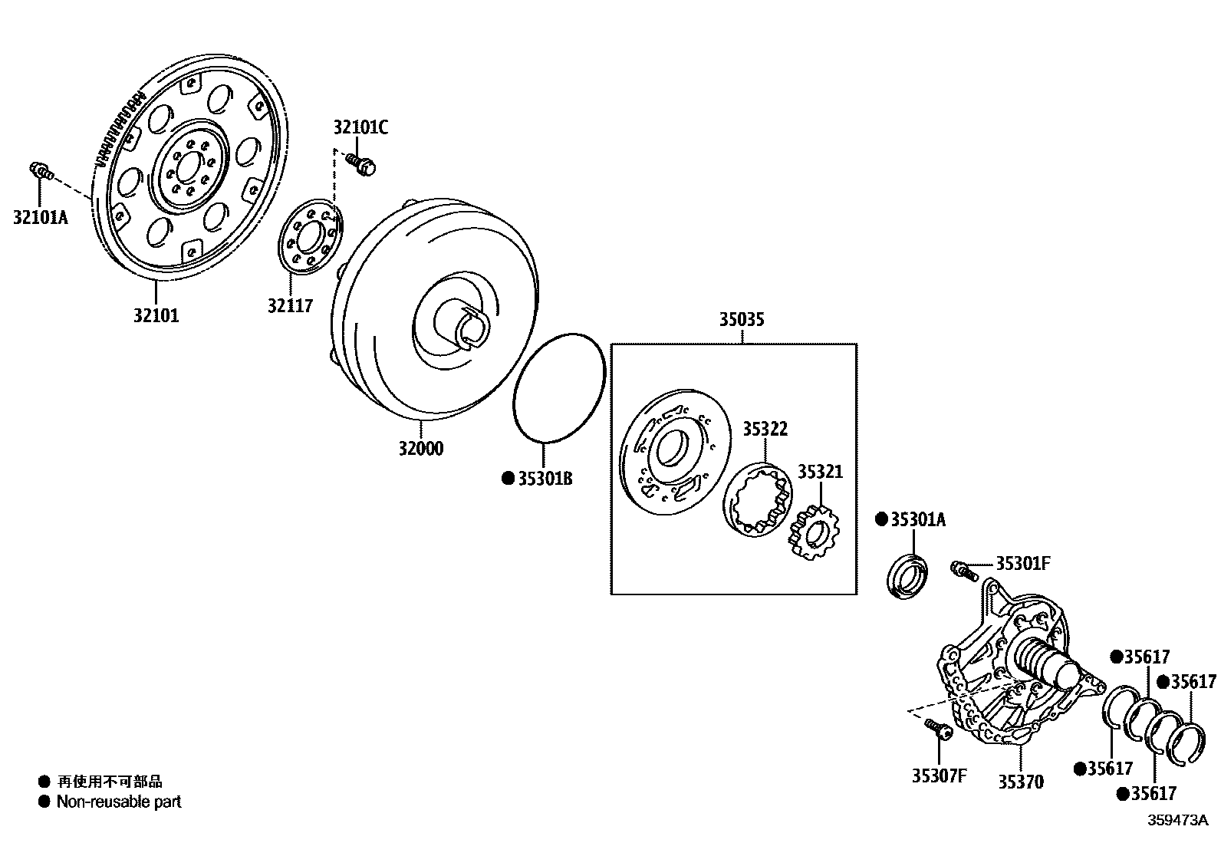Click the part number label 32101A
point(40,217)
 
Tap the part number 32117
point(290,305)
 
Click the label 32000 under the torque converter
point(420,449)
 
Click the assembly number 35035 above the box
point(741,320)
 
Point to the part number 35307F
point(939,775)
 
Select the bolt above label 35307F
point(936,728)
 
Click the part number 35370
point(1020,782)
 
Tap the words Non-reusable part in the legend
point(119,802)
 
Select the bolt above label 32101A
point(41,171)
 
